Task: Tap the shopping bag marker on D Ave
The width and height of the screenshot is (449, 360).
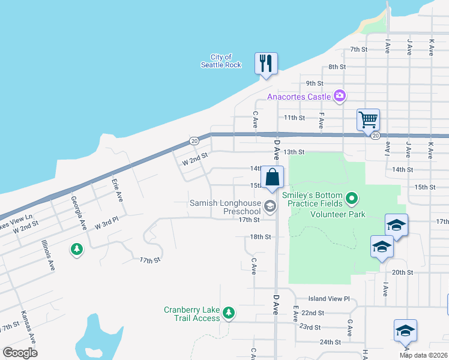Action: coord(273,177)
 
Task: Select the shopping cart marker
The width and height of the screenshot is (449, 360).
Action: coord(367,119)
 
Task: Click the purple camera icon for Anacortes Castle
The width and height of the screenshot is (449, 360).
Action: coord(340,96)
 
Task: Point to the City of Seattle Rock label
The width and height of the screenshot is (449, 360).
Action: coord(221,61)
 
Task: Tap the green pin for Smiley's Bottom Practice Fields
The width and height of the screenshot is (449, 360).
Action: coord(352,197)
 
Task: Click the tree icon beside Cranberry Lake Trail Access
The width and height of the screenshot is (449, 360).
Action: coord(228,313)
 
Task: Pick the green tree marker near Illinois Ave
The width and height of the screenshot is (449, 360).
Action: coord(76,248)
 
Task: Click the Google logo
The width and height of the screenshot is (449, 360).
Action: coord(20,353)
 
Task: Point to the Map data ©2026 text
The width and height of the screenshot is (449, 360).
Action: coord(423,355)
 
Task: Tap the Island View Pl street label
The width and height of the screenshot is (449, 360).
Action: coord(328,298)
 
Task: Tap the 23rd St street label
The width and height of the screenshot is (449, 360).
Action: coord(311,327)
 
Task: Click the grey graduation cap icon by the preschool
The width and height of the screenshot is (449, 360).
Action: coord(270,207)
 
